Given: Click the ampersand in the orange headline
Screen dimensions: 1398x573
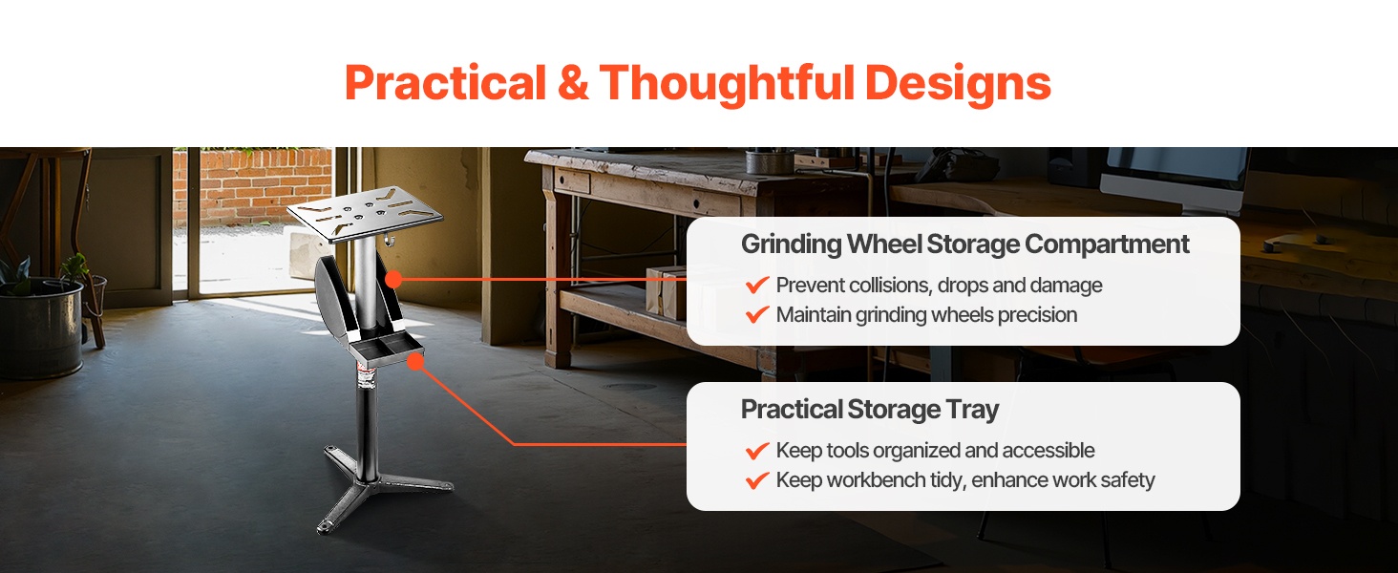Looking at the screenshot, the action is [573, 82].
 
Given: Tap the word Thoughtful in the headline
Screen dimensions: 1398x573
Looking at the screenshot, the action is [727, 84].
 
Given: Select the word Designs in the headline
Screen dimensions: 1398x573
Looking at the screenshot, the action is [958, 84].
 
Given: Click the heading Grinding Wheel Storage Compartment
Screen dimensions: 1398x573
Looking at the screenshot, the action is [964, 244].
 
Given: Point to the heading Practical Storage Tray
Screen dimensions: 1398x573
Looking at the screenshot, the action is [869, 410].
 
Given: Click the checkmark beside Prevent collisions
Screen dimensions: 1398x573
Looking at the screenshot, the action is [756, 285].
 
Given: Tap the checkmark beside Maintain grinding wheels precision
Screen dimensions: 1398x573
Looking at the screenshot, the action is [756, 314].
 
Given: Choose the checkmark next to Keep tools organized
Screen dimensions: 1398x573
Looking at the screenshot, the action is [756, 450].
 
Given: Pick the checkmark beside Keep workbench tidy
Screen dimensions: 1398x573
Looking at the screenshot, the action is [756, 480].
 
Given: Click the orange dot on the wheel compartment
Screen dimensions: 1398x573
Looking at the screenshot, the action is [393, 280].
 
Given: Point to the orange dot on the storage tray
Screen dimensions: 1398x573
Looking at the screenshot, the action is [415, 361].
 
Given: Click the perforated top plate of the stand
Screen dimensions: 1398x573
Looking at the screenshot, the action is [365, 214].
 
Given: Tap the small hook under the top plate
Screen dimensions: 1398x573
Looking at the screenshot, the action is [389, 239].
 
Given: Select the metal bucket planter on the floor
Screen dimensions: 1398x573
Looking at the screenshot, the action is [40, 328].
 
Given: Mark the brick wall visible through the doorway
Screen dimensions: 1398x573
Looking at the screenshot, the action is [252, 186].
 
